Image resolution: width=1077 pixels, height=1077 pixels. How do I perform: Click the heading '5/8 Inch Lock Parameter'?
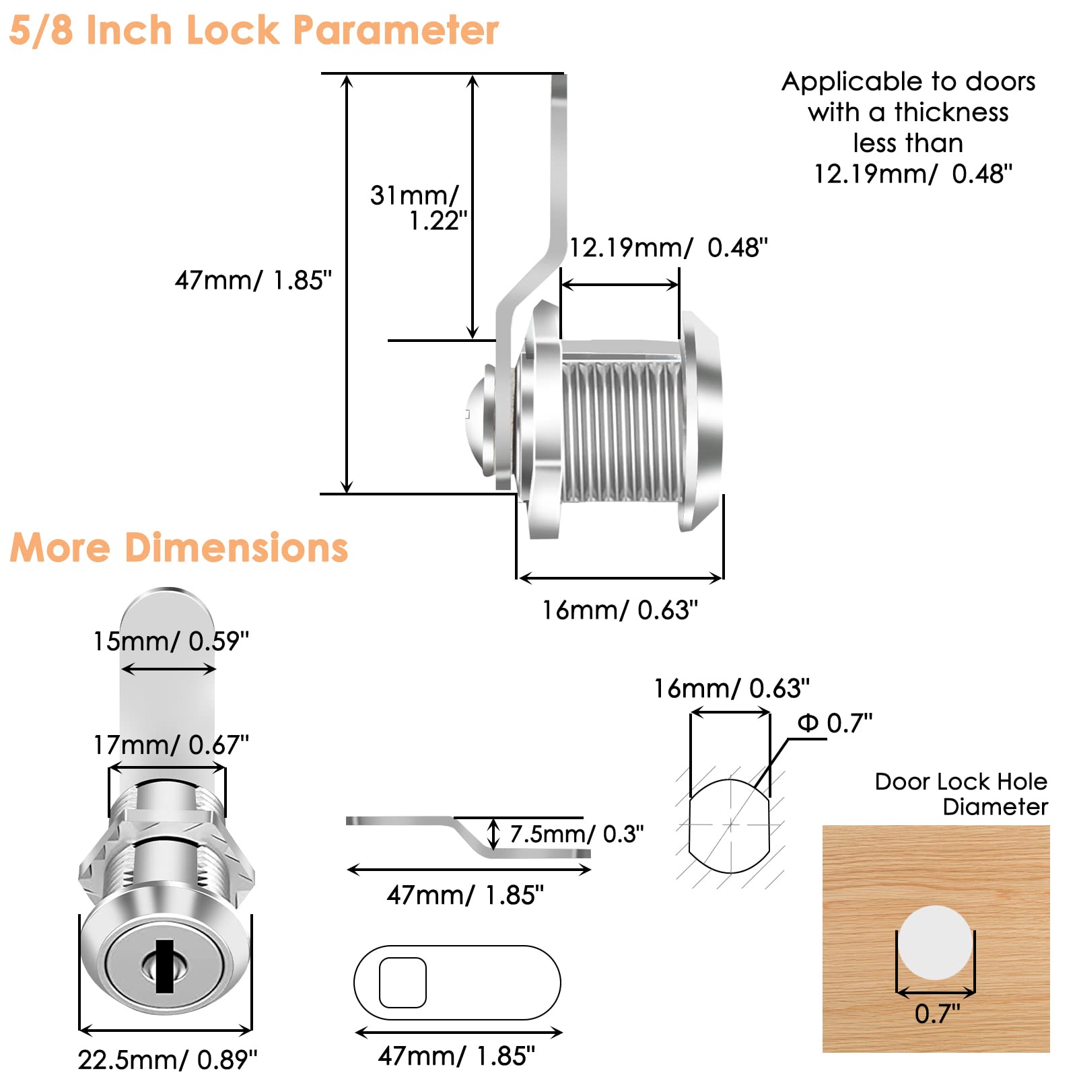coord(254,30)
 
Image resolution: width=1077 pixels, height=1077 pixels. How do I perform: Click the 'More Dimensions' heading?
coord(179,547)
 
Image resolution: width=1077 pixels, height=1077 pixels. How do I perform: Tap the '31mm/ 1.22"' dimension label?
coord(418,207)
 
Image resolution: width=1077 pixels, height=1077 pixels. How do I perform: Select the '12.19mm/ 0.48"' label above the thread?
coord(668,248)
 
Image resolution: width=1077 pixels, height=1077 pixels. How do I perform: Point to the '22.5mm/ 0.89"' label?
coord(168,1059)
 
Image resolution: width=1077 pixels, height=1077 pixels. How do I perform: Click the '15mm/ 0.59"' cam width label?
coord(171,641)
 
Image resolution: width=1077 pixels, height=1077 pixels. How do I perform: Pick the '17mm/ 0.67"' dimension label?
coord(171,744)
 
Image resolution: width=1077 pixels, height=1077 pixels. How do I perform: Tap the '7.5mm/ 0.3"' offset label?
coord(577,834)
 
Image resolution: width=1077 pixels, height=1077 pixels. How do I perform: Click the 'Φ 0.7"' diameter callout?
coord(835,723)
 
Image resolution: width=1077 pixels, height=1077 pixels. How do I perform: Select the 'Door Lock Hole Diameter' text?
coord(961,794)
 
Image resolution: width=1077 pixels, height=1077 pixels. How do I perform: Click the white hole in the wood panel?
coord(935,942)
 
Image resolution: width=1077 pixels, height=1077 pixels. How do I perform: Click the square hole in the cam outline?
coord(403,983)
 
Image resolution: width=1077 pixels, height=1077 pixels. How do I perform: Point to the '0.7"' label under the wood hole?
coord(938,1013)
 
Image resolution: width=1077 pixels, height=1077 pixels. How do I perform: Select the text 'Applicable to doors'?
coord(909,81)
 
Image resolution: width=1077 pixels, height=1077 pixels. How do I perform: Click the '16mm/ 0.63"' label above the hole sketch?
coord(732,688)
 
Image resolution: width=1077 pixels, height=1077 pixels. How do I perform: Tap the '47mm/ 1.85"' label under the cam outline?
coord(457,1055)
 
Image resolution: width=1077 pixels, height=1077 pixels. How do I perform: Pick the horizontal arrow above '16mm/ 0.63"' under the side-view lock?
coord(621,578)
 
